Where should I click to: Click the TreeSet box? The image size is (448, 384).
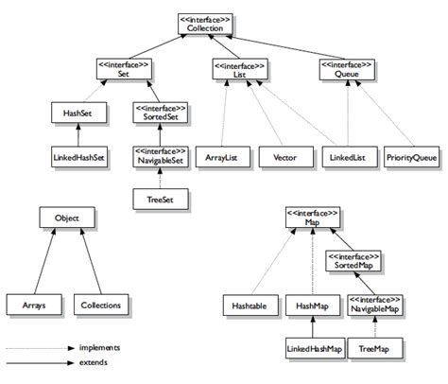[160, 199]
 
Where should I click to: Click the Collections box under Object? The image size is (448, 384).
[100, 305]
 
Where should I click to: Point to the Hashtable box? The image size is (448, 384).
[249, 305]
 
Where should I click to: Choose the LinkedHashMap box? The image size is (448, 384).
[313, 349]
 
